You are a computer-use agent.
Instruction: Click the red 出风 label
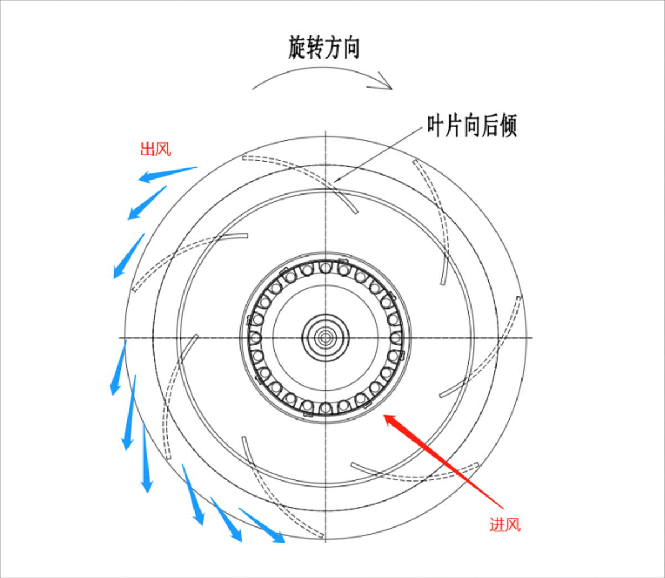pyautogui.click(x=155, y=150)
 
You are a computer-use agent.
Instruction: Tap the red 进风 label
pyautogui.click(x=505, y=525)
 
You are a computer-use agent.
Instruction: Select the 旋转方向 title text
pyautogui.click(x=324, y=48)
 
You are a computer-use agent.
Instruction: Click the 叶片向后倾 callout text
pyautogui.click(x=472, y=126)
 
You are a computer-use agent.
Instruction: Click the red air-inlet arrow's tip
pyautogui.click(x=385, y=415)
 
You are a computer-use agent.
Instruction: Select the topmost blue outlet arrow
pyautogui.click(x=168, y=175)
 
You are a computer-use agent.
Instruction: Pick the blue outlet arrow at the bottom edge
pyautogui.click(x=262, y=525)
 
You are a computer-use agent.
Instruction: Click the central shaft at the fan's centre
pyautogui.click(x=325, y=338)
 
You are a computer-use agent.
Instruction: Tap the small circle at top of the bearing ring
pyautogui.click(x=325, y=268)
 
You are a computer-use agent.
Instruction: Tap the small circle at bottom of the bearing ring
pyautogui.click(x=325, y=407)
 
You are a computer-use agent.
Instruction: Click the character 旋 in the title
pyautogui.click(x=297, y=48)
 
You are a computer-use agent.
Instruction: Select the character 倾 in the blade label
pyautogui.click(x=508, y=126)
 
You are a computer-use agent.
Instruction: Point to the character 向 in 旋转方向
pyautogui.click(x=351, y=48)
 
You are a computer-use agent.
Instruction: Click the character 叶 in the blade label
pyautogui.click(x=436, y=126)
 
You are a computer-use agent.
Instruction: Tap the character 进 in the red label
pyautogui.click(x=497, y=525)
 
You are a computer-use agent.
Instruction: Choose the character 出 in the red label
pyautogui.click(x=147, y=150)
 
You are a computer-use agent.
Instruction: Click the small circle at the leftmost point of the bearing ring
pyautogui.click(x=255, y=338)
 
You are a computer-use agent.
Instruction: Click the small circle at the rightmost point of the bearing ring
pyautogui.click(x=395, y=338)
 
